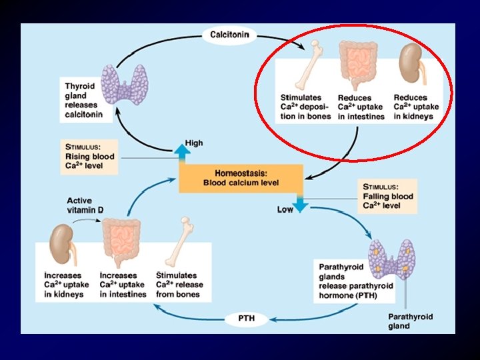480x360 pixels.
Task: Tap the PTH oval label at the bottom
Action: coord(246,319)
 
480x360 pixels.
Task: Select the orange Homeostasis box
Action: coord(241,178)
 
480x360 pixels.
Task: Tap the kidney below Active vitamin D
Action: coord(62,242)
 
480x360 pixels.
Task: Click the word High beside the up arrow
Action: coord(194,143)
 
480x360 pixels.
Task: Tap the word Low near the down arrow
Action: coord(285,210)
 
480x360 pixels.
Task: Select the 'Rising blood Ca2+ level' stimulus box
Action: coord(89,157)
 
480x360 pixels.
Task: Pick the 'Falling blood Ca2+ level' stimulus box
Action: coord(389,196)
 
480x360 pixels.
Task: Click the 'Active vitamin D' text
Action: coord(85,205)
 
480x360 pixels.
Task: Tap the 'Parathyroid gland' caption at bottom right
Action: coord(410,321)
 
